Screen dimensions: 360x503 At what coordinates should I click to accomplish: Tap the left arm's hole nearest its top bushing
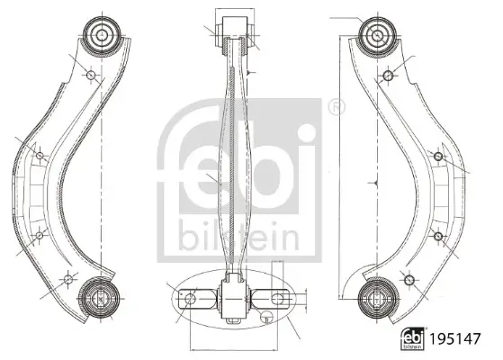[90, 74]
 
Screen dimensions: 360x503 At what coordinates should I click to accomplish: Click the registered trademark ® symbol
[336, 107]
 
